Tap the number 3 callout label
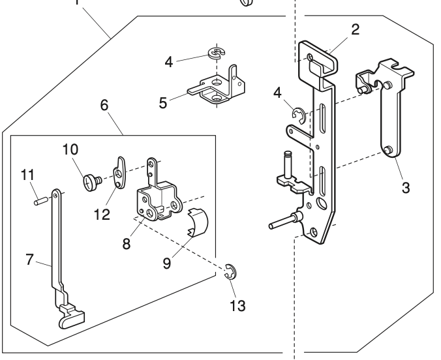405,188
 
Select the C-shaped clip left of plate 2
298,117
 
